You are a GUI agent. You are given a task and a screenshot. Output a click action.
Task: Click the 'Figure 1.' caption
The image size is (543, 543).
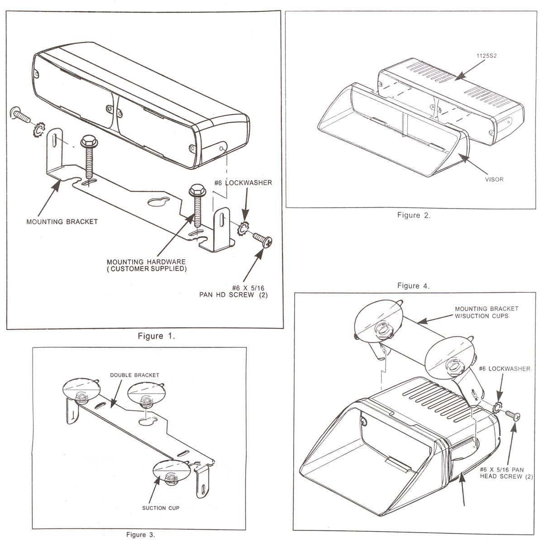click(156, 336)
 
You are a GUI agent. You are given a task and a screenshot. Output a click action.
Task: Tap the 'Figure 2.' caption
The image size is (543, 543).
click(414, 215)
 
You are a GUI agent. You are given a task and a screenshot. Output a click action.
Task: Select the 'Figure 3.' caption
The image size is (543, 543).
click(140, 534)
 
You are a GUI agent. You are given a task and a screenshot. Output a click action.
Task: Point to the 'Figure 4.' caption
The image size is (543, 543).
click(414, 286)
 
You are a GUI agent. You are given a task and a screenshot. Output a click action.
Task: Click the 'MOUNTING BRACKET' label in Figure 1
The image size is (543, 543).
click(62, 222)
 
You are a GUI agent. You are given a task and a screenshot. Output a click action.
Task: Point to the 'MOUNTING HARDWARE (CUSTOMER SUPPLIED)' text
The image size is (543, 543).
click(146, 265)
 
